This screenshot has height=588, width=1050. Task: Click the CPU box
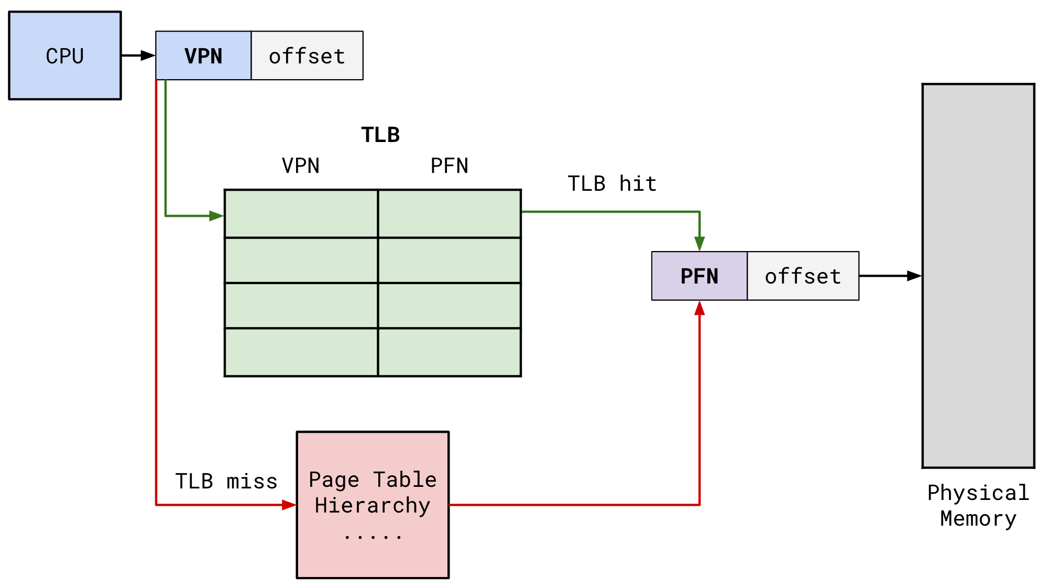[x=65, y=56]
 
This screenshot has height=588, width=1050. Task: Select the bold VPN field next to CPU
[x=203, y=56]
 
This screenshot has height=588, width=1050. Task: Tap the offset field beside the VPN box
[x=307, y=56]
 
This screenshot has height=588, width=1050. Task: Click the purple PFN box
[x=699, y=276]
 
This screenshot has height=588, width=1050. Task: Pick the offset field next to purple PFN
[x=803, y=276]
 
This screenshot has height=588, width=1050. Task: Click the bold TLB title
[x=380, y=135]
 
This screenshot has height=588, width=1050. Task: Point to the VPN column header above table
[x=301, y=166]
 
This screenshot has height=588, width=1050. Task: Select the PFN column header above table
[x=449, y=166]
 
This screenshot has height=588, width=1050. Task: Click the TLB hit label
[x=612, y=184]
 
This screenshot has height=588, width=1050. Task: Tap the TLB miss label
[x=226, y=481]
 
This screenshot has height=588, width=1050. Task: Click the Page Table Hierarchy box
[x=373, y=505]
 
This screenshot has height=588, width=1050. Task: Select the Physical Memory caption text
[x=978, y=506]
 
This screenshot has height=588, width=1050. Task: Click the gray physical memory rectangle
[x=978, y=276]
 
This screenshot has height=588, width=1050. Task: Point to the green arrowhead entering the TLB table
[x=216, y=216]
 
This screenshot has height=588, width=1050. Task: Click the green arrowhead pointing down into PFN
[x=699, y=244]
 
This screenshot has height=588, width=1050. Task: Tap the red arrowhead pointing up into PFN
[x=699, y=308]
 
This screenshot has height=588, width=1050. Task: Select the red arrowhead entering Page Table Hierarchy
[x=289, y=505]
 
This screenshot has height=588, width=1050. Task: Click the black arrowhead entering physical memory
[x=914, y=276]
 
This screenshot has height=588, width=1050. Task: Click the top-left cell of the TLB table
[x=301, y=214]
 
